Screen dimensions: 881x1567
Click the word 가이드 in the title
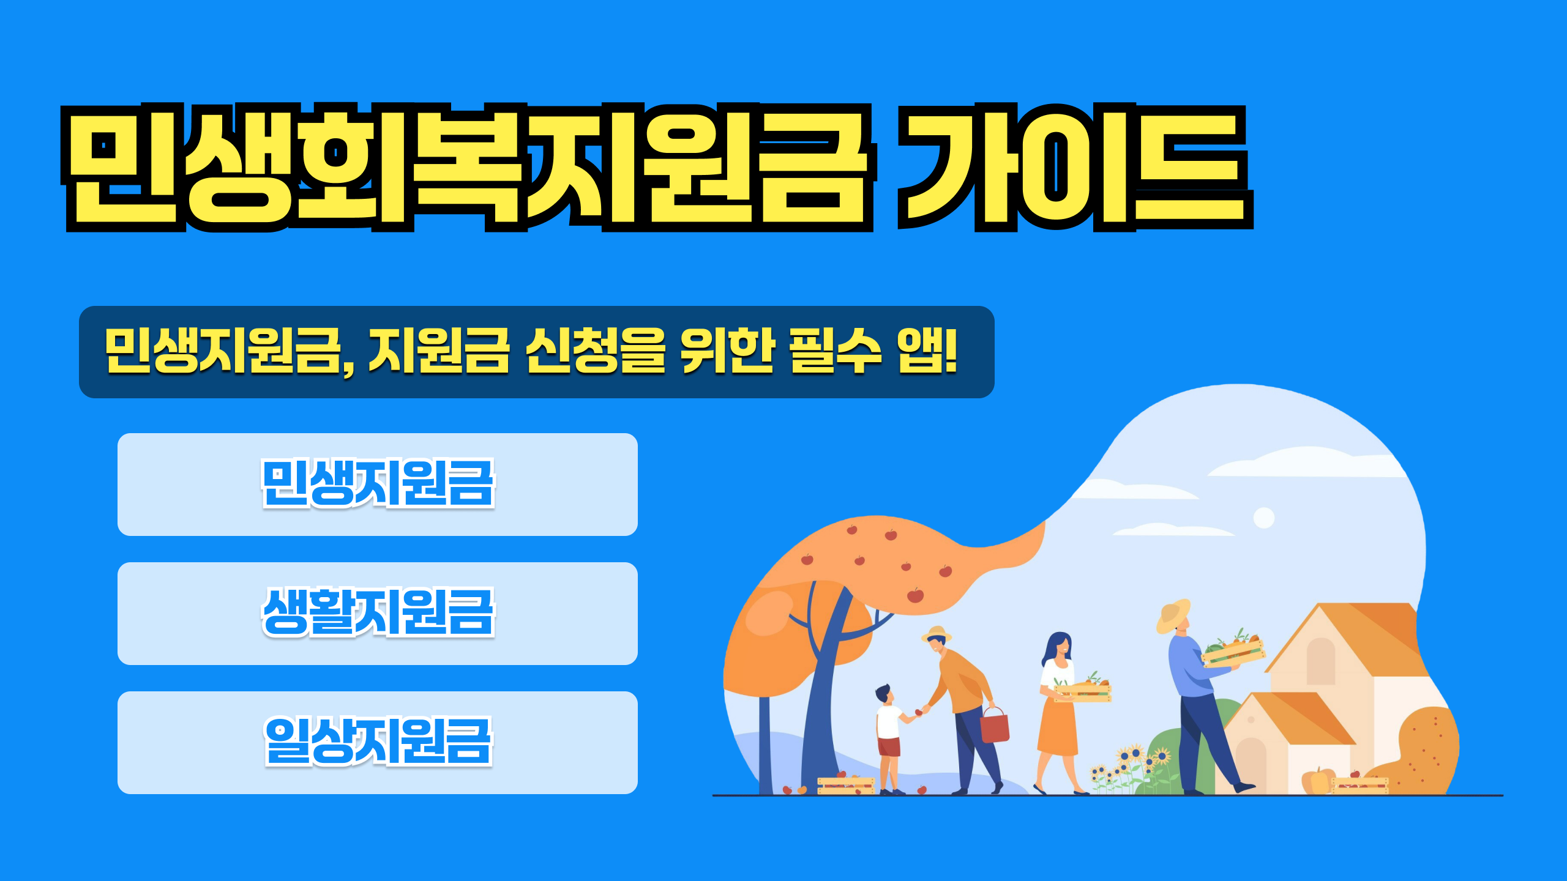click(1074, 166)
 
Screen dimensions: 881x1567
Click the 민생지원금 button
click(378, 484)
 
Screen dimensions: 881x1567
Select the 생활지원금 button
click(378, 613)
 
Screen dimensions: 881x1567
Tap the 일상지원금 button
click(378, 742)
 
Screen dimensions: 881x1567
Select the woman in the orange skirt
click(1058, 710)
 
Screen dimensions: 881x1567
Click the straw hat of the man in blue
click(1173, 615)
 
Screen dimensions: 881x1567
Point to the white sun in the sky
click(1264, 518)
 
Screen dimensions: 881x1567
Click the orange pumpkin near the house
click(1316, 781)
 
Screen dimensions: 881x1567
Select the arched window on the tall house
click(1320, 661)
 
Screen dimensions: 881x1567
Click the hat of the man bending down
click(937, 633)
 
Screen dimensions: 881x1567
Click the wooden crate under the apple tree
click(846, 785)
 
